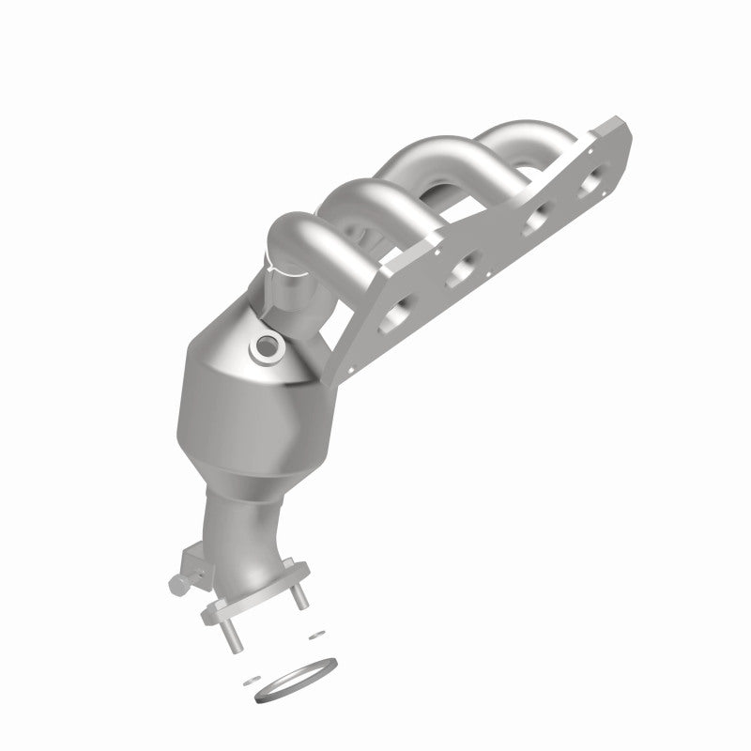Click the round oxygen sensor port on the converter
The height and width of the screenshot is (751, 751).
click(x=268, y=348)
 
